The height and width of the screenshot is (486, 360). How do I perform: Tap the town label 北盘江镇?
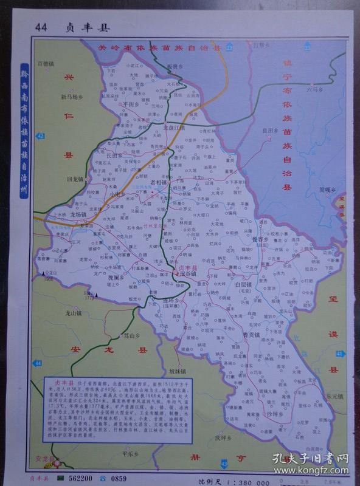click(x=173, y=128)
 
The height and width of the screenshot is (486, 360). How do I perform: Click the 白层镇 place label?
click(x=243, y=284)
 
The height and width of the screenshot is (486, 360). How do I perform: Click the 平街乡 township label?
click(x=132, y=104)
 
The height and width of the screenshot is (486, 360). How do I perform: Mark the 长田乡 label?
click(x=114, y=156)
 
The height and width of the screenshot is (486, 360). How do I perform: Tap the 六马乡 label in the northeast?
click(x=314, y=90)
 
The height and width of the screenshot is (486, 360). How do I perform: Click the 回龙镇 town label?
click(x=75, y=180)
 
